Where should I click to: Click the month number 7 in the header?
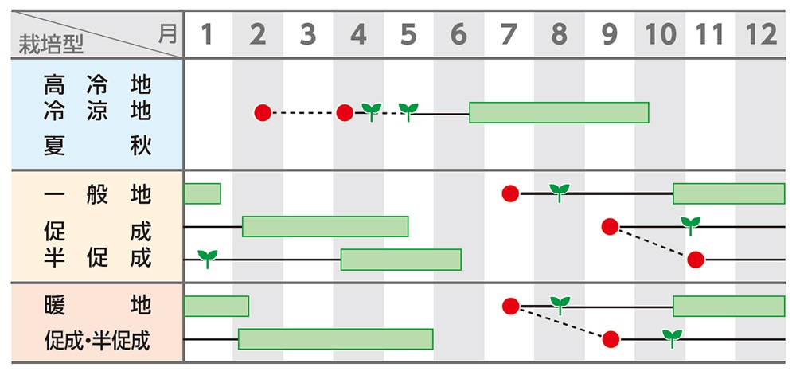tap(509, 34)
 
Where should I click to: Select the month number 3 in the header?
tap(308, 34)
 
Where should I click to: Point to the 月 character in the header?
tap(166, 33)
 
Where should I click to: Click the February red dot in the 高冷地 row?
tap(263, 113)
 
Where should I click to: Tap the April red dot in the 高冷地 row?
tap(345, 113)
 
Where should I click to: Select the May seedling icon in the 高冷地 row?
tap(408, 111)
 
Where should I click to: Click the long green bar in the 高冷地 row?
tap(559, 113)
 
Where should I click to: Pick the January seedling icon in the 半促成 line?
tap(208, 257)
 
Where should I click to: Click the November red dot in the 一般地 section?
tap(696, 260)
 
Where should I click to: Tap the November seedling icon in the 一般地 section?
tap(690, 225)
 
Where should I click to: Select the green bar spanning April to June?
tap(401, 260)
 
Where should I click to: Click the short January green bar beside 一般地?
tap(202, 193)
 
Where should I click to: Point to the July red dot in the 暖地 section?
tap(511, 307)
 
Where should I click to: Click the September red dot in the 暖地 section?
tap(611, 340)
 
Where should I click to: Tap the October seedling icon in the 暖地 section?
tap(673, 338)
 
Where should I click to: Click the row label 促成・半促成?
tap(97, 340)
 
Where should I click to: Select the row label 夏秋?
tap(97, 146)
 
